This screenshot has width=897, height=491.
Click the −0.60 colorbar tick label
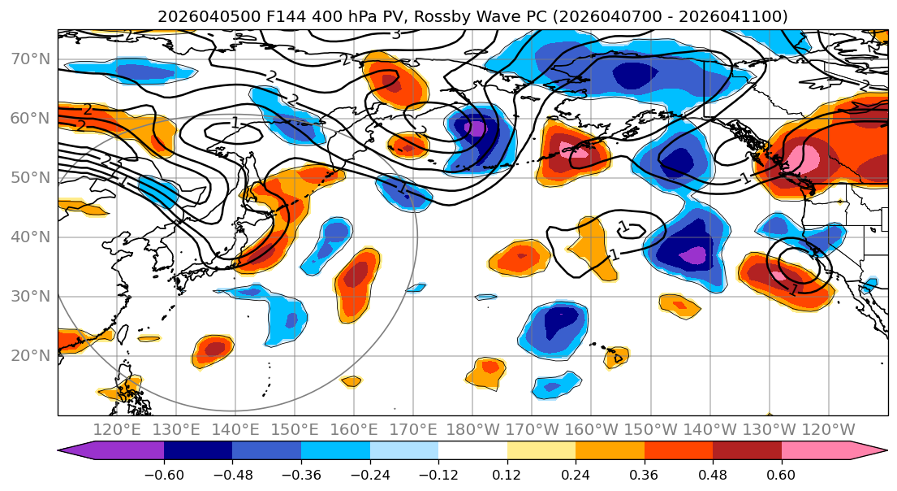(x=163, y=472)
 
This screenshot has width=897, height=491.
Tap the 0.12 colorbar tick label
(x=507, y=472)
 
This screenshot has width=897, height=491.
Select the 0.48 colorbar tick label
(x=713, y=472)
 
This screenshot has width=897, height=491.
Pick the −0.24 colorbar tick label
(x=369, y=472)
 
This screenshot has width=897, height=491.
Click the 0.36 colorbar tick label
(x=645, y=472)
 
